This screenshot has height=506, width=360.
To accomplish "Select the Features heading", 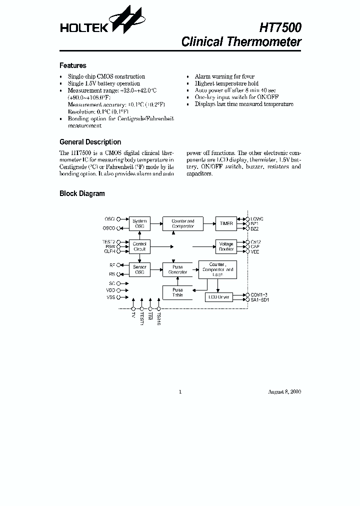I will pos(72,65).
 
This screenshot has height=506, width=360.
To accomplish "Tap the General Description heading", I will pos(90,142).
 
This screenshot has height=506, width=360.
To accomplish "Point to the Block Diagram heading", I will pos(82,193).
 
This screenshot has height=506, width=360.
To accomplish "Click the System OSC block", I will pos(139,223).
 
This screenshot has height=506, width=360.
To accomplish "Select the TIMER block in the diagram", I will pos(226,223).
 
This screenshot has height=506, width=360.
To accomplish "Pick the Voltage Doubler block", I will pos(226,246).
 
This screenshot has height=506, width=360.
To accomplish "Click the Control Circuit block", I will pos(139,246).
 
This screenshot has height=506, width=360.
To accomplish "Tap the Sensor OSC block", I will pos(139,269).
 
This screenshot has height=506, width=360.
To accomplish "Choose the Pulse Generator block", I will pos(177,269).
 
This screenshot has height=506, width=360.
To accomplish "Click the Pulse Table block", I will pos(177,292).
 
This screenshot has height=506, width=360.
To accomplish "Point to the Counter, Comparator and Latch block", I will pos(217,269).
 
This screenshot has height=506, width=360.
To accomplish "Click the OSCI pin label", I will pos(109,219).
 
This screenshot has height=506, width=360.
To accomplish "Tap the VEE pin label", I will pos(255,251).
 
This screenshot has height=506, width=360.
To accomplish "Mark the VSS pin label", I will pos(110,297).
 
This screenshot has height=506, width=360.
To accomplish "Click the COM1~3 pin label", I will pos(258,294).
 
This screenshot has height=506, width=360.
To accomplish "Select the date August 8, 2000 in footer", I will pos(284,391).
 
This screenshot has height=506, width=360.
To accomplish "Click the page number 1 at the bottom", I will pos(180,391).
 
